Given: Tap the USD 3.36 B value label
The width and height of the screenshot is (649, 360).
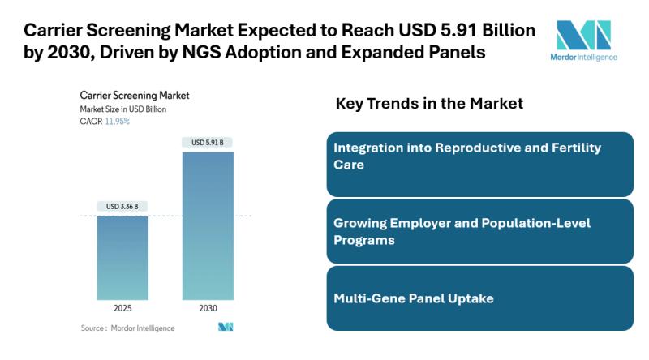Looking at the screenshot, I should (122, 207).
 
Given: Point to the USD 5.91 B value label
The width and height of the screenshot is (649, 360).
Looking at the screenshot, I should (208, 143).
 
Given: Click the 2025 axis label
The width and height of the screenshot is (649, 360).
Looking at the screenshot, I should (122, 308).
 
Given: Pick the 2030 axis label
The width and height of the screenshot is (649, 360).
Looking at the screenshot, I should (208, 308).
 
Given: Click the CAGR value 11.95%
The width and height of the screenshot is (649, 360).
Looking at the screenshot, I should (117, 121).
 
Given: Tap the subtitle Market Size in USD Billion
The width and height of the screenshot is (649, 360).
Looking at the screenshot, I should (127, 109).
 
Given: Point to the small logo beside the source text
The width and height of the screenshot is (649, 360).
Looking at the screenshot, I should (226, 327).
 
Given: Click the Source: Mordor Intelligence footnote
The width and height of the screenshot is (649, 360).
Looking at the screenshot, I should (127, 328).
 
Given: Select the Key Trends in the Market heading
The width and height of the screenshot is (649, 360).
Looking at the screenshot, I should (429, 104).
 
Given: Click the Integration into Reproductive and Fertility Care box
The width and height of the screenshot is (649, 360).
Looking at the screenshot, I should (479, 164).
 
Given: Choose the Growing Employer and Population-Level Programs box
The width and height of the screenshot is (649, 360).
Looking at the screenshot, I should (479, 231).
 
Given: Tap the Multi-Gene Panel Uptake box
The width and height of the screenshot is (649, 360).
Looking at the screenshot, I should (479, 298).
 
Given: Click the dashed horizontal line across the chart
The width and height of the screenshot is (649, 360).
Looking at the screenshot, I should (170, 216).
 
